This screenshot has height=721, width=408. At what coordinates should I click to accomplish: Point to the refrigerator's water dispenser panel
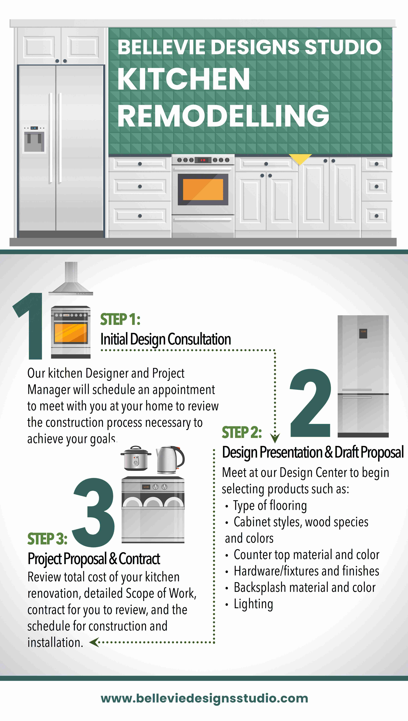click(x=34, y=139)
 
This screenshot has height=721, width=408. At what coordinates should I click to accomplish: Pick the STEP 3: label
click(x=47, y=539)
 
